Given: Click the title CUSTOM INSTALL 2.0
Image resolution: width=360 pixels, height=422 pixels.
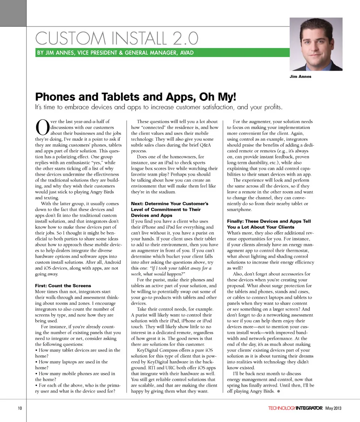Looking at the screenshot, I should [116, 38].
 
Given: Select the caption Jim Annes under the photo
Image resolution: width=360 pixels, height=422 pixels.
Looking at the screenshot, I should [300, 77].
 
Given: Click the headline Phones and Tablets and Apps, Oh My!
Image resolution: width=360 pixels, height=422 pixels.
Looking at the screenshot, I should [135, 98].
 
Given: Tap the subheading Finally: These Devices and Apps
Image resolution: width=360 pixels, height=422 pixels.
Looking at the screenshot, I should [268, 224].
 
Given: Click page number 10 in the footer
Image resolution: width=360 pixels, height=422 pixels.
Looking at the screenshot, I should [19, 408].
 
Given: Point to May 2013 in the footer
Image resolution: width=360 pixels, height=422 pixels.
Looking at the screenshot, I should [333, 408].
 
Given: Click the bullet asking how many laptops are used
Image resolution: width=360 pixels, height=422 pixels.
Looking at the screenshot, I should [71, 365].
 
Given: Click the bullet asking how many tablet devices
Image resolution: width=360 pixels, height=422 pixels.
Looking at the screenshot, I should [77, 353].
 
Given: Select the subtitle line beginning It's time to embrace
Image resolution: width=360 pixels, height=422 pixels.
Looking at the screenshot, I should [157, 108].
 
